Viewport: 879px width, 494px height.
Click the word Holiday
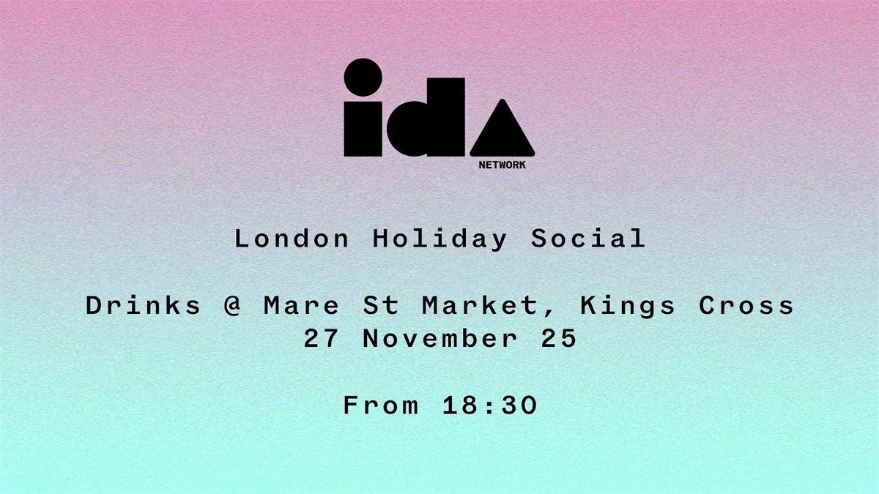point(439,239)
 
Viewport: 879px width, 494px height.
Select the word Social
point(587,239)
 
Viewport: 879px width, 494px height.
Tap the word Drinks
point(144,305)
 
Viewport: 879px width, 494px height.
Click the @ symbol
point(233,306)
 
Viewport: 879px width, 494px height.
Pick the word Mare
point(301,305)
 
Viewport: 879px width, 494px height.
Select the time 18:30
point(490,405)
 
